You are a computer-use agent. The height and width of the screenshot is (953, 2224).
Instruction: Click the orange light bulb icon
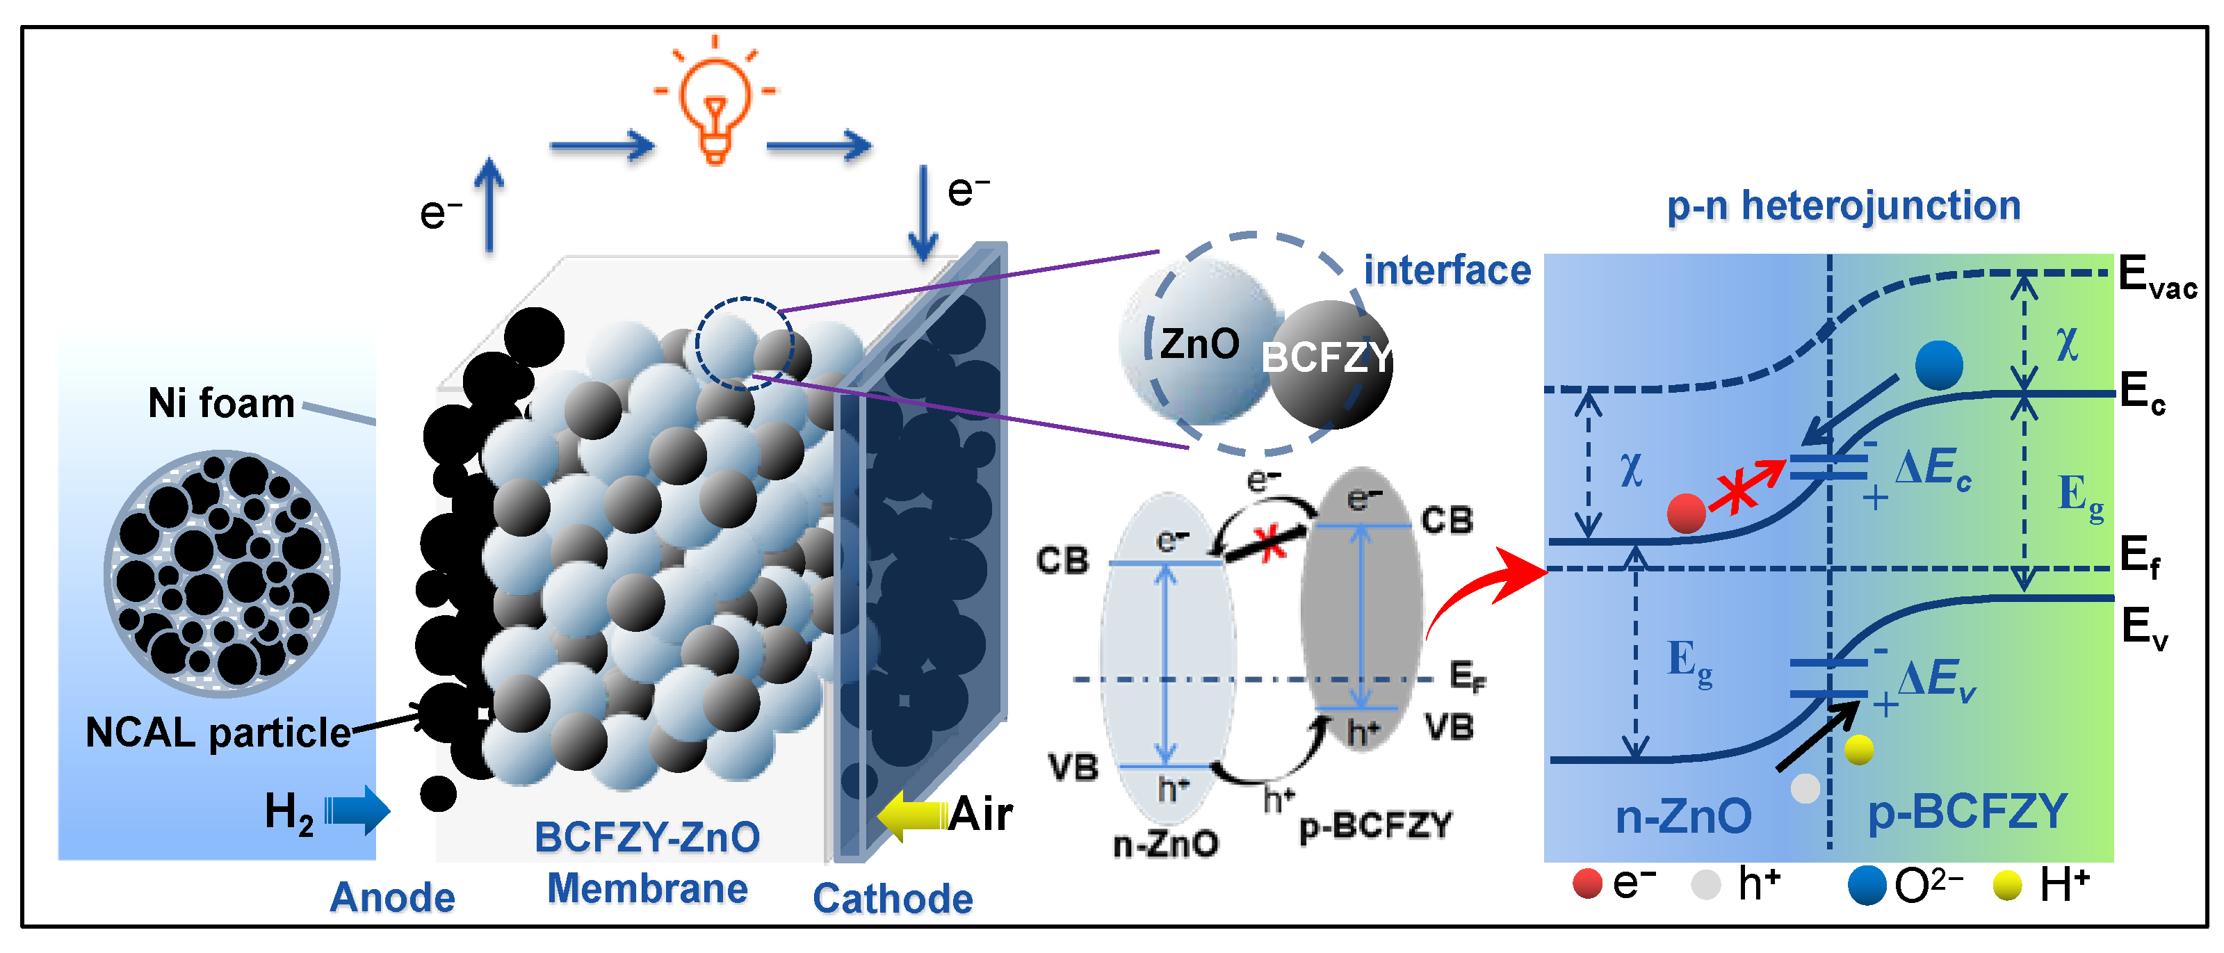pyautogui.click(x=714, y=104)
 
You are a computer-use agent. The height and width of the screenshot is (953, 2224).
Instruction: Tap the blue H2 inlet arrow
pyautogui.click(x=357, y=811)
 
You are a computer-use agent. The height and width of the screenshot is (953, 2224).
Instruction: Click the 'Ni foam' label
pyautogui.click(x=221, y=403)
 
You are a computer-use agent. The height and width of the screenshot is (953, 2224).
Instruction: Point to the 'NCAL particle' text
pyautogui.click(x=218, y=733)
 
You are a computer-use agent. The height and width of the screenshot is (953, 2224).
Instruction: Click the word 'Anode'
pyautogui.click(x=393, y=898)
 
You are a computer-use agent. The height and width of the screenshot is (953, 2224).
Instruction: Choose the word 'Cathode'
pyautogui.click(x=893, y=899)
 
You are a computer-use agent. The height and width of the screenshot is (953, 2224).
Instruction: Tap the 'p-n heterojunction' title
pyautogui.click(x=1843, y=206)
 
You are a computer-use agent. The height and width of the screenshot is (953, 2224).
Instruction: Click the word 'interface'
pyautogui.click(x=1447, y=270)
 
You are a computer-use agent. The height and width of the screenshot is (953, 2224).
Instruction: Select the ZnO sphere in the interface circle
pyautogui.click(x=1196, y=343)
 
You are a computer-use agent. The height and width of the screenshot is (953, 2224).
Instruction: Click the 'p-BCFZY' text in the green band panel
pyautogui.click(x=1967, y=811)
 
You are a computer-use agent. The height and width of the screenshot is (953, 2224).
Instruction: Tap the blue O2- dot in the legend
pyautogui.click(x=1867, y=886)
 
